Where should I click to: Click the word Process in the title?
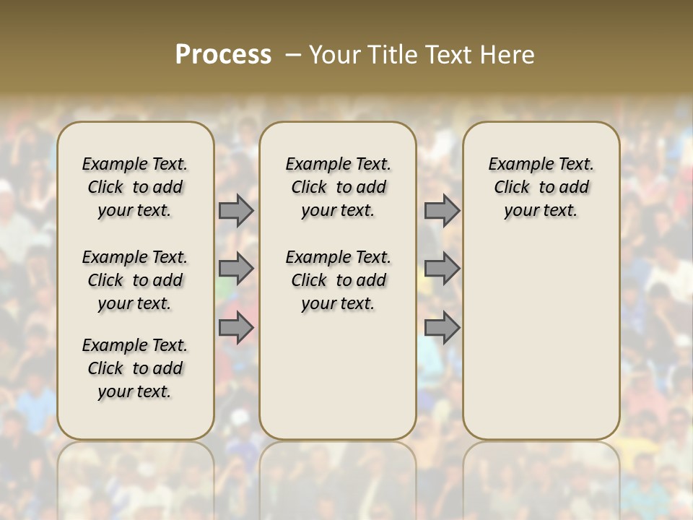[223, 55]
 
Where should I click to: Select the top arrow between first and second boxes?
[235, 211]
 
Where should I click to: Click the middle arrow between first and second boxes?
[235, 269]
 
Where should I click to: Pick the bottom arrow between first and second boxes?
[235, 328]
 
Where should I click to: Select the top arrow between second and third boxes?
[442, 211]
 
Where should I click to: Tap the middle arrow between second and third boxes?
[442, 269]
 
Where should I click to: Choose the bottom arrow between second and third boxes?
[442, 328]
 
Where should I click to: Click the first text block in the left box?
[135, 187]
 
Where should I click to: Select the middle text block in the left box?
[135, 280]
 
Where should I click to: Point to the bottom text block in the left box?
[135, 368]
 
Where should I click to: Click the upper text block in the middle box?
[338, 187]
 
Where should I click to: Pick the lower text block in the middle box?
[338, 280]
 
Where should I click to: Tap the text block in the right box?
[541, 187]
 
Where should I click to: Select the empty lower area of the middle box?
[338, 376]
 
